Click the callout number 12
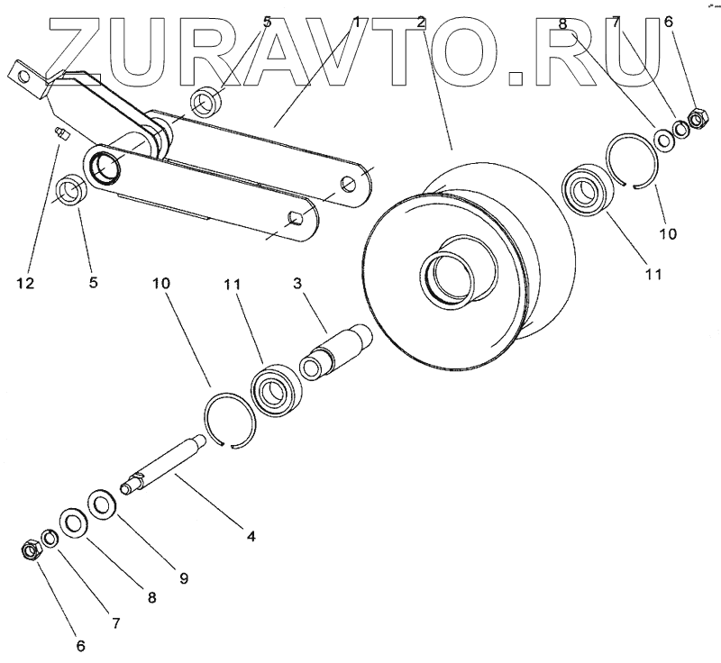pos(24,284)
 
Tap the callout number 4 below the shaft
pos(251,536)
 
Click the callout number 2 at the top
pos(422,22)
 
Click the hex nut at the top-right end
pos(696,117)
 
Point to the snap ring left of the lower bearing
pos(232,419)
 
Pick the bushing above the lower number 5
pos(69,191)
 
